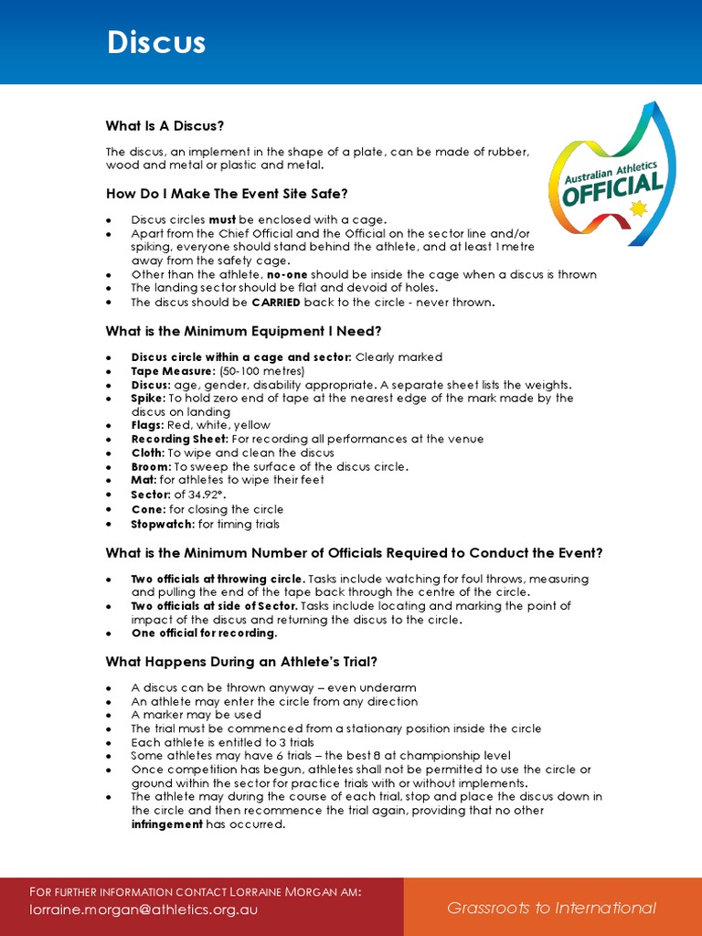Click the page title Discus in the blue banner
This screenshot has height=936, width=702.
[156, 43]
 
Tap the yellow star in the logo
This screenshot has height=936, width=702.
[638, 209]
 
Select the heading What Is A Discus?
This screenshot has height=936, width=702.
[165, 125]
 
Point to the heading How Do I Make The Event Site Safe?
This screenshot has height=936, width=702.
[227, 194]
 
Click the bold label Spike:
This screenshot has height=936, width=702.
[148, 399]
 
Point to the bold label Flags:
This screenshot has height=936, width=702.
[148, 425]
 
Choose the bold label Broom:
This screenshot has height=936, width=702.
[151, 466]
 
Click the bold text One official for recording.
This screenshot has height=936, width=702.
[204, 633]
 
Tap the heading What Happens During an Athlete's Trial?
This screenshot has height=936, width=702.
[241, 662]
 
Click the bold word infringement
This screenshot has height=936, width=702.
[166, 824]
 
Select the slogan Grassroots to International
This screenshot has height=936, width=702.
[551, 908]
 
